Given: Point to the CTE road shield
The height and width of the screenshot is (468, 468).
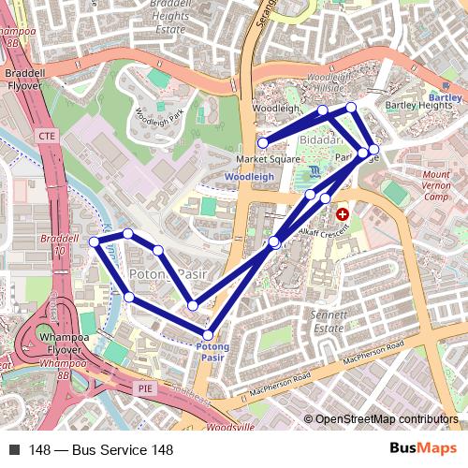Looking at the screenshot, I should (x=47, y=137).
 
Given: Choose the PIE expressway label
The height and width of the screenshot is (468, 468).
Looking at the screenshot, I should (x=145, y=387).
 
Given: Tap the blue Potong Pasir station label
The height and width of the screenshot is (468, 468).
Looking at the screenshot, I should (x=213, y=352).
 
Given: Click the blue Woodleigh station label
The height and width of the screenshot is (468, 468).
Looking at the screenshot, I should (x=250, y=176).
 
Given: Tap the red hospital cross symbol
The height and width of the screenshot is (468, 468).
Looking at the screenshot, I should (x=342, y=215).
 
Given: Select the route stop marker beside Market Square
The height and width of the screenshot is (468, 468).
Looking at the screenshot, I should (x=264, y=143).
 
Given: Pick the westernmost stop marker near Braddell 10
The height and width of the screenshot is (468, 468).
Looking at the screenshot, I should (x=94, y=242).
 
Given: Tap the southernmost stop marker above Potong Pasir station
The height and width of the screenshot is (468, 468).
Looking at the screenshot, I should (x=208, y=334).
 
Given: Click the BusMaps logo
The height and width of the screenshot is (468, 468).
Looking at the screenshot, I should (x=424, y=450).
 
